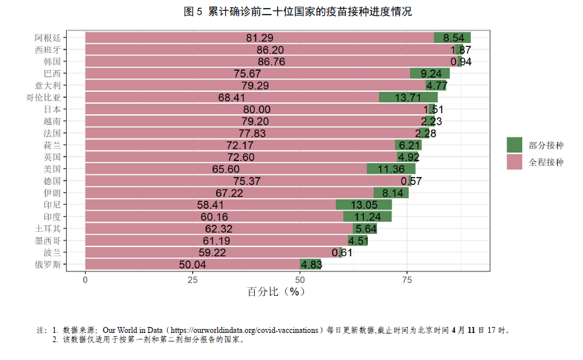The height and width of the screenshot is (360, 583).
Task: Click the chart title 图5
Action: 291,12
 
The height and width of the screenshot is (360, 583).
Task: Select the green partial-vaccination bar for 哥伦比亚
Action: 408,98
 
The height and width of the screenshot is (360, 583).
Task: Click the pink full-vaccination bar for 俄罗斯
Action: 192,265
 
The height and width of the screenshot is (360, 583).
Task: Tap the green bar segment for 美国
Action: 391,169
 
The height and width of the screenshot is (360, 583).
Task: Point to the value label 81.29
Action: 259,38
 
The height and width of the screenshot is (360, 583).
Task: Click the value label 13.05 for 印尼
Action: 363,205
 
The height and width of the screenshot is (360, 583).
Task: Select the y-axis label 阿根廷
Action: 48,38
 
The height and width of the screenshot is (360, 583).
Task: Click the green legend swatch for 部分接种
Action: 514,145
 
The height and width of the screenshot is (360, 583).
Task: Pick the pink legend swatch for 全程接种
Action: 514,162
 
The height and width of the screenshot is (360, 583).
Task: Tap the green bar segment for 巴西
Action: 429,73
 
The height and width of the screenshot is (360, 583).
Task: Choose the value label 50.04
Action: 192,265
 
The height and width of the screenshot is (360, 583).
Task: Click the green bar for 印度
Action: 367,217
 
